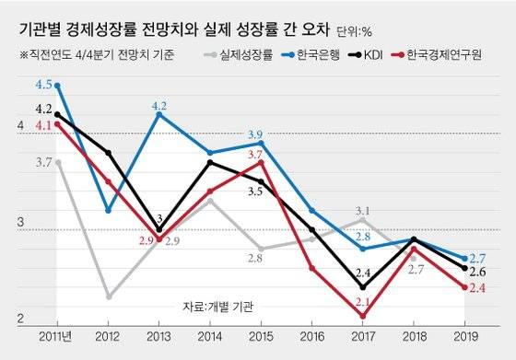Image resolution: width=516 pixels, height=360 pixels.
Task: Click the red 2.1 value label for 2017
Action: click(363, 301)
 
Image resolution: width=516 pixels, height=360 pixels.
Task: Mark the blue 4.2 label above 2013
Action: click(158, 104)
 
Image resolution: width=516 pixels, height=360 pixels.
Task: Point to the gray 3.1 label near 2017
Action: click(363, 210)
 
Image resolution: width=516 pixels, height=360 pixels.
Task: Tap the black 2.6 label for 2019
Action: click(478, 272)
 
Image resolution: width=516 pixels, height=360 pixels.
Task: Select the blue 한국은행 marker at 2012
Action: click(109, 211)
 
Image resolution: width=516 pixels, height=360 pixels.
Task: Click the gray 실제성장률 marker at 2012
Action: click(109, 296)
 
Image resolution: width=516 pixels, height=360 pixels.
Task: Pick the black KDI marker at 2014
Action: click(211, 162)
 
